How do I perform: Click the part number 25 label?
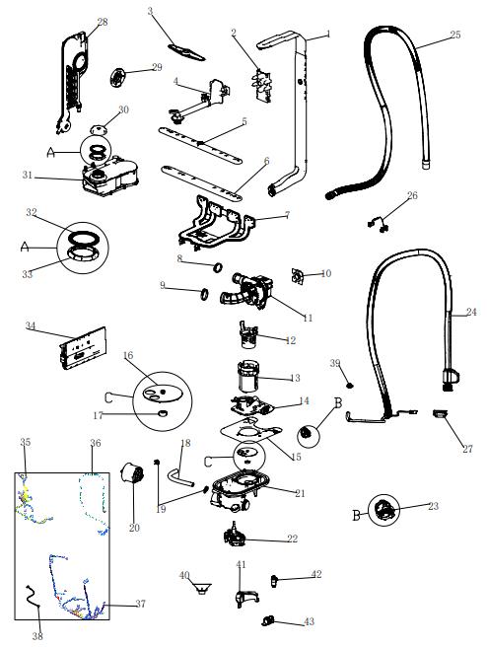pos(454,35)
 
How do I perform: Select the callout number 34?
pos(31,325)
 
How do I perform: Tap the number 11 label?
pos(308,318)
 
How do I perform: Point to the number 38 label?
pos(37,636)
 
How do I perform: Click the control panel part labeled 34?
pos(83,348)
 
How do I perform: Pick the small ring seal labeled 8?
pos(218,268)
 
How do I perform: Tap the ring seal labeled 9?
pos(204,294)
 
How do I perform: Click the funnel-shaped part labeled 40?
pos(202,588)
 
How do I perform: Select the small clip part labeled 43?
pos(268,620)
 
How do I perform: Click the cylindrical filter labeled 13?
pos(248,376)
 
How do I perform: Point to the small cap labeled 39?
pos(350,386)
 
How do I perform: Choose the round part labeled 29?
pos(118,78)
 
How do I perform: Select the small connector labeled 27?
pos(440,413)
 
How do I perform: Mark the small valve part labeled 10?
pos(298,276)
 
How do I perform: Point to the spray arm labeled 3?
pos(186,52)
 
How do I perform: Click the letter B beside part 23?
pos(357,516)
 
